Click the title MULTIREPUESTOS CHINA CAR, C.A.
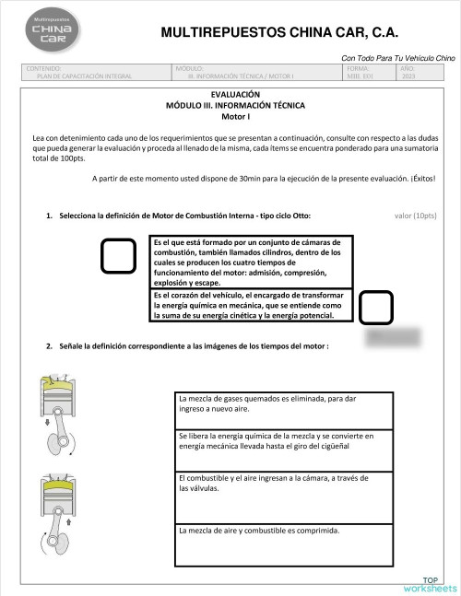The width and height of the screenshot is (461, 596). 279,32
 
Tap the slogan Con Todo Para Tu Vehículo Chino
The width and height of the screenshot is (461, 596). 392,58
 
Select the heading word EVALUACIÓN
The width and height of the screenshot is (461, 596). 235,95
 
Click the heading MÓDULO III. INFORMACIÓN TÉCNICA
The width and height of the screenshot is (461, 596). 235,106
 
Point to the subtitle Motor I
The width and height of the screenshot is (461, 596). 235,117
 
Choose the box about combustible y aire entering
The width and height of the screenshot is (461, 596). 284,493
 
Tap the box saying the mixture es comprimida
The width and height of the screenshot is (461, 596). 284,543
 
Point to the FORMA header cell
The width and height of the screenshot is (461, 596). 368,73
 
